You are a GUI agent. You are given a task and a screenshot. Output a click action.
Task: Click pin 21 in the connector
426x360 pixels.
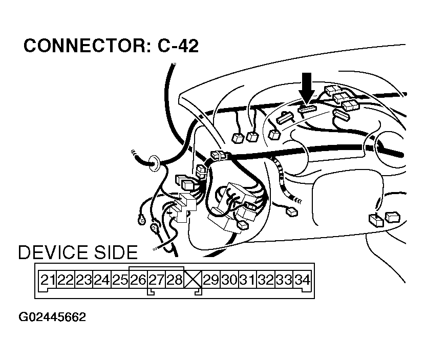pos(48,280)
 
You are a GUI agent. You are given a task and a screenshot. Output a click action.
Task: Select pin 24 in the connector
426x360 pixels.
pos(102,280)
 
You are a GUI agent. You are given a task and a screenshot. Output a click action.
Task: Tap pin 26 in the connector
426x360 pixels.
pos(138,280)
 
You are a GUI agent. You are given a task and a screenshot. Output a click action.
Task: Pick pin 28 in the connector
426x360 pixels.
pos(175,280)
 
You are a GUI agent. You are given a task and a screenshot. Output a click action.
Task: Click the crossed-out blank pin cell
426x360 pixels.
pos(193,280)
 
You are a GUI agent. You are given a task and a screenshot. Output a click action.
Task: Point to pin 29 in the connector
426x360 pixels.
pos(210,280)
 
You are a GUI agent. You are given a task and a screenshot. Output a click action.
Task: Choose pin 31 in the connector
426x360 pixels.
pos(247,280)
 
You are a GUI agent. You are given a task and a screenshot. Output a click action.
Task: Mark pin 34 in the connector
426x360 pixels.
pos(302,280)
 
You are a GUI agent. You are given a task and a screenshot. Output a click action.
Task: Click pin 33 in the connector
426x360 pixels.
pos(283,280)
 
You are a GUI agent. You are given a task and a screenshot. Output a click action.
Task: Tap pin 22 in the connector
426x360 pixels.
pos(66,280)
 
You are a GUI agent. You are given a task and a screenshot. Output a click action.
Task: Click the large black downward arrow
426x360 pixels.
pos(307,88)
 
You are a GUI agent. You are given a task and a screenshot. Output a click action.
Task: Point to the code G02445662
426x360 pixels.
pos(53,317)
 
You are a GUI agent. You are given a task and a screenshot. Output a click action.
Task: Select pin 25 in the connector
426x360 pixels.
pos(120,280)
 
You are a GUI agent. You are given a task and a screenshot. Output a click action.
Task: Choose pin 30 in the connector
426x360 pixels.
pos(229,280)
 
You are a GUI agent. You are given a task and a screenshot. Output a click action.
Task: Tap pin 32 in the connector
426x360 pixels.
pos(265,280)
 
